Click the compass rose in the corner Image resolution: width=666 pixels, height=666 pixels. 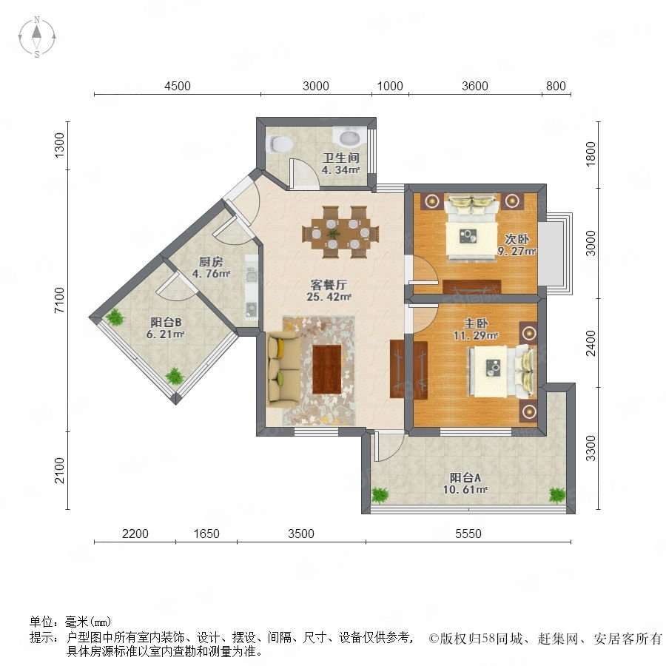tap(37, 37)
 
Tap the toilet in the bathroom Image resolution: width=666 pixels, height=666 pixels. tap(277, 144)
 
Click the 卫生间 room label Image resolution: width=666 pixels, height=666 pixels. tap(341, 158)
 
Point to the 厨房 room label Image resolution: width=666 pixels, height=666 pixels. tap(211, 262)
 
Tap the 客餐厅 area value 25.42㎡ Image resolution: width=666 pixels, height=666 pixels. tap(329, 297)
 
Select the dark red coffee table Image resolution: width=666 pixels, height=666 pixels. tap(326, 369)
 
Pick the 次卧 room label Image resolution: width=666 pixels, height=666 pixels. tap(517, 239)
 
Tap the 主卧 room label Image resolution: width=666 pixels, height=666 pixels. tap(475, 323)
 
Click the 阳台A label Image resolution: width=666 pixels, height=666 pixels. tap(465, 477)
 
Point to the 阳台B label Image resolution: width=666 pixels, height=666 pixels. tap(166, 323)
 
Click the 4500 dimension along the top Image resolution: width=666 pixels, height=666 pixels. tap(178, 86)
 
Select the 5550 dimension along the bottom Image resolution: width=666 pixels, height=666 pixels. tap(468, 534)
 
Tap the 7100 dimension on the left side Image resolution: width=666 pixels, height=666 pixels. tap(59, 300)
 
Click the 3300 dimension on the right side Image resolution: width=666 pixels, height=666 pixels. tap(591, 448)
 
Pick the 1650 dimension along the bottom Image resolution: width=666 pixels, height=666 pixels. tap(206, 534)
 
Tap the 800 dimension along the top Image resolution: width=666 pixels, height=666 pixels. tap(556, 86)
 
